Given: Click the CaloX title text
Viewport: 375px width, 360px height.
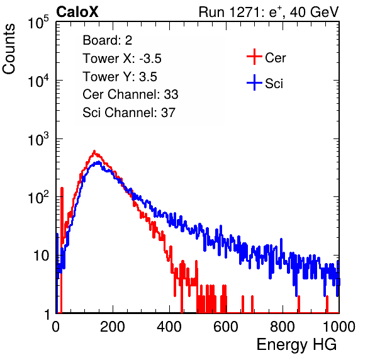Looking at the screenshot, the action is point(77,12).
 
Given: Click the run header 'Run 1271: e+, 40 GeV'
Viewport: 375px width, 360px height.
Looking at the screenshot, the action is point(269,12).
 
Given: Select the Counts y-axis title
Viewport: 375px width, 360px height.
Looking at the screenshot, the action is point(9,49).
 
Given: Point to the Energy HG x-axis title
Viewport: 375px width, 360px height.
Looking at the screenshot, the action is point(296,345).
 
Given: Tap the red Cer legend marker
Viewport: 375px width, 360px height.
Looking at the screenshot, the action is point(254,57).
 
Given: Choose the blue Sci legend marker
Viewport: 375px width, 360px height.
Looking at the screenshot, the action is point(254,83).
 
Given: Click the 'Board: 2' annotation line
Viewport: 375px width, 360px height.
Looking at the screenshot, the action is point(108,40).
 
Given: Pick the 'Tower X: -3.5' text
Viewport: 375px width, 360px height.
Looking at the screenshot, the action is point(122,59).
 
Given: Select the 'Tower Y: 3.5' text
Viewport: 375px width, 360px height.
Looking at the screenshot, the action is point(120,77).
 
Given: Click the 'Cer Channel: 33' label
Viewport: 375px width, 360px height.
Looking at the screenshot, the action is point(130,94).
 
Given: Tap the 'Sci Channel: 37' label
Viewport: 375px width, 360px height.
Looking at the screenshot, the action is point(129,113).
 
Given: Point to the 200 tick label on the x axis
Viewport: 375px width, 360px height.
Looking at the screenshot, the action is point(113,327).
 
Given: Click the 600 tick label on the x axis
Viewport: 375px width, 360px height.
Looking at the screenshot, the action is point(226,327).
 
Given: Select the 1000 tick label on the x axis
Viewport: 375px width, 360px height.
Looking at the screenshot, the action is point(339,327).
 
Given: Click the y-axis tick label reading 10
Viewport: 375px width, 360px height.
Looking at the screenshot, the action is point(41,256).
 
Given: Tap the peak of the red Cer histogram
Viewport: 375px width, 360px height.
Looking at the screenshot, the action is point(94,151).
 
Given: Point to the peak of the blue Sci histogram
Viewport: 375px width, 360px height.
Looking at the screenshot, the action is point(99,162).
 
